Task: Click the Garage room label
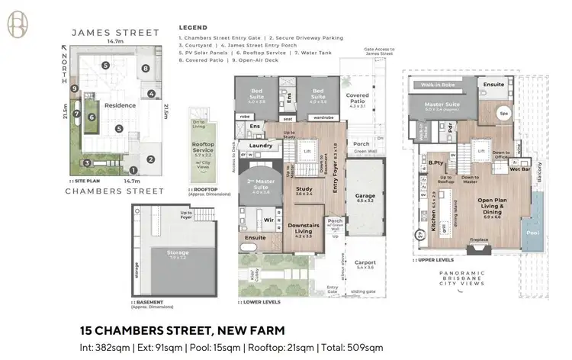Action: point(365,198)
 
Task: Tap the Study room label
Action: point(304,190)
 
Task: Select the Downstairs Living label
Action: point(304,230)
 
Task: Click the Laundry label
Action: point(261,145)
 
